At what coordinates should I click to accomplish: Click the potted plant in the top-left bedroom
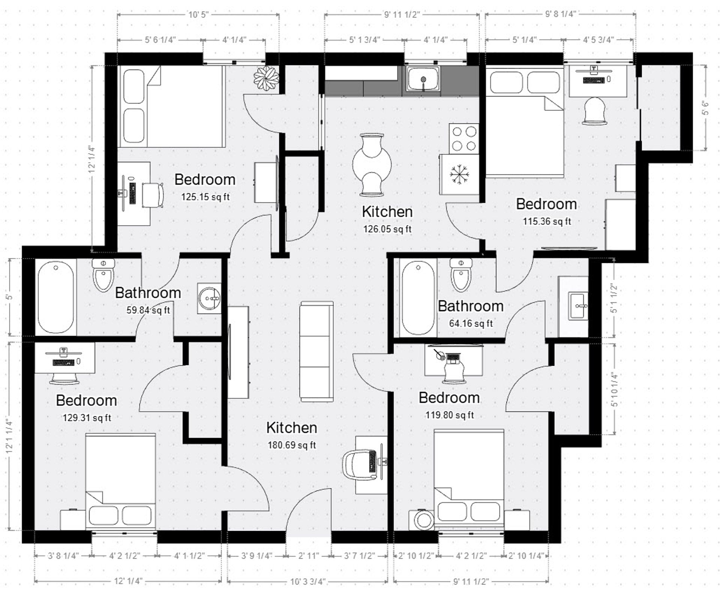tap(266, 78)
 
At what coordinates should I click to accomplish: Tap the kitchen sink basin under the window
tap(423, 79)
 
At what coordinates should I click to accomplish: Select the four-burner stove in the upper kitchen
tap(464, 138)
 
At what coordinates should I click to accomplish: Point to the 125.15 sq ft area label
tap(205, 197)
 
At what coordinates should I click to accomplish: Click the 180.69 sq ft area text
tap(291, 445)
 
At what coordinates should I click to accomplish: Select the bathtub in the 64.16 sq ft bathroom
tap(418, 298)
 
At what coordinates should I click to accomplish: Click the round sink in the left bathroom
tap(209, 298)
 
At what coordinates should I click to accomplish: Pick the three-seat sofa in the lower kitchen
tap(316, 351)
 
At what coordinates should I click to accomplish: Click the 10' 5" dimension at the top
tap(198, 15)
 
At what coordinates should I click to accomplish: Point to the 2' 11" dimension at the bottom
tap(309, 555)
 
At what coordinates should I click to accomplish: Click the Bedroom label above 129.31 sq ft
tap(86, 401)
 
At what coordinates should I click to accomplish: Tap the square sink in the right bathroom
tap(578, 306)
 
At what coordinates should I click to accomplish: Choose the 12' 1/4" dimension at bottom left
tap(128, 581)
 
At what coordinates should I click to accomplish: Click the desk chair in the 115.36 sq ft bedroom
tap(594, 111)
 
